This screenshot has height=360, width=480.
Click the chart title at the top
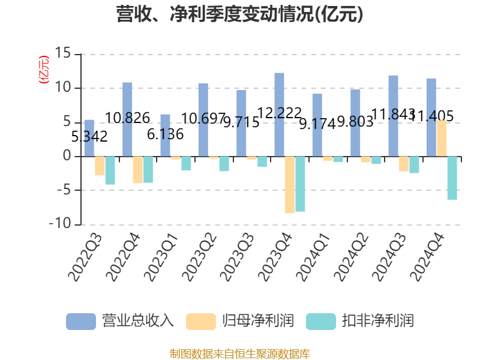pyautogui.click(x=240, y=14)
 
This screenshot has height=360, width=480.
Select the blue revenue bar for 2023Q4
pyautogui.click(x=279, y=115)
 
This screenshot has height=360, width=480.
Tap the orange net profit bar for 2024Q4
pyautogui.click(x=442, y=139)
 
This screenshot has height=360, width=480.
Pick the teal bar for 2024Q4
pyautogui.click(x=452, y=178)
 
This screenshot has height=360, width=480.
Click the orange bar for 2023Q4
pyautogui.click(x=290, y=185)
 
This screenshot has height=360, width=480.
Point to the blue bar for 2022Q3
pyautogui.click(x=89, y=138)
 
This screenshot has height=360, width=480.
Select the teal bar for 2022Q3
pyautogui.click(x=110, y=170)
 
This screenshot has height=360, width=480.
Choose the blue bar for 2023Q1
pyautogui.click(x=165, y=136)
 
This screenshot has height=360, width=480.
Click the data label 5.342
pyautogui.click(x=89, y=137)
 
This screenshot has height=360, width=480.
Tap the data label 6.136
pyautogui.click(x=165, y=134)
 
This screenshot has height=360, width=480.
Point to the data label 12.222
pyautogui.click(x=279, y=113)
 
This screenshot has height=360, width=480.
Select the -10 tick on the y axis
pyautogui.click(x=60, y=224)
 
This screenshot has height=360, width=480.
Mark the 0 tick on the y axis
pyautogui.click(x=67, y=157)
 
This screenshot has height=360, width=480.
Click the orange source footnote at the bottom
pyautogui.click(x=240, y=353)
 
